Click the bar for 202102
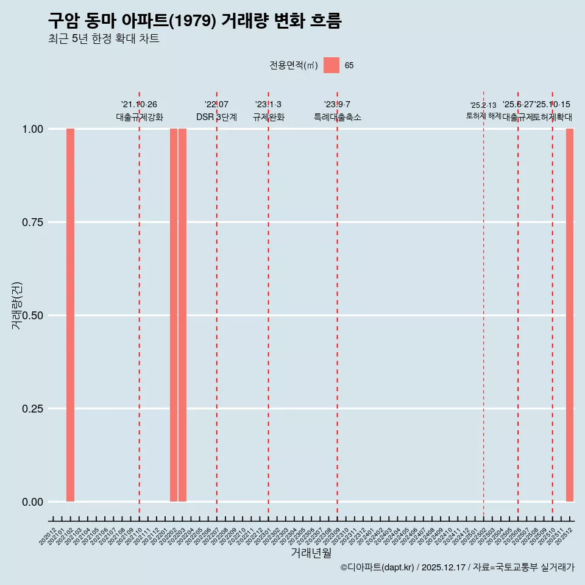coord(70,315)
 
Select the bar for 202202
coord(174,315)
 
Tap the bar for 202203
coord(182,315)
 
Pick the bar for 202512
coord(570,315)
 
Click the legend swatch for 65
coord(331,65)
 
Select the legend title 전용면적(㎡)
coord(293,65)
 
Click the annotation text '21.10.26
coord(139,105)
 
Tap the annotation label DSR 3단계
coord(216,117)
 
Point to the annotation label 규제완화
coord(268,117)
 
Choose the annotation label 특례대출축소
coord(337,117)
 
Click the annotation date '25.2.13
coord(483,105)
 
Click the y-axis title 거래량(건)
coord(17,305)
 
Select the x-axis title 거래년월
coord(311,553)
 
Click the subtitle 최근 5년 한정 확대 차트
coord(104,39)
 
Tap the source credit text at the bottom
coord(457,568)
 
